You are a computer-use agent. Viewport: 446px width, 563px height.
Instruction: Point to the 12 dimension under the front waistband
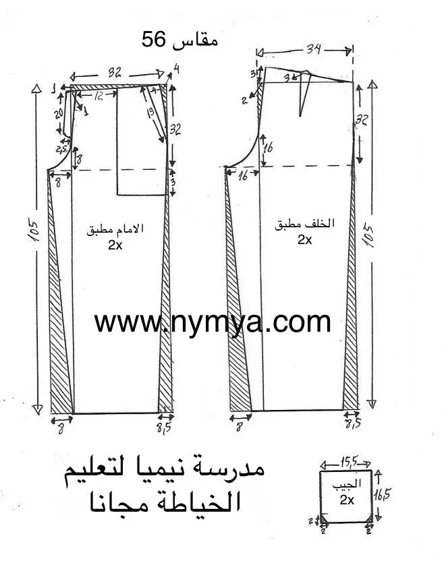[x=99, y=96]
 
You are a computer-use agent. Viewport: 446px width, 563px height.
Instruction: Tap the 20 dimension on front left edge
[x=59, y=114]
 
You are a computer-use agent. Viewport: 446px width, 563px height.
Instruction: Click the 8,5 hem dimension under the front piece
[x=164, y=426]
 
